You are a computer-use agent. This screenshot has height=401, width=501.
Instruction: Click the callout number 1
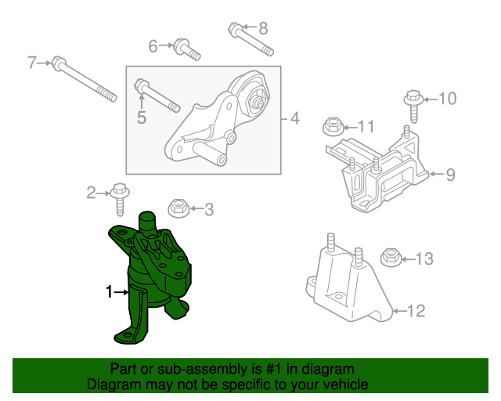tap(109, 291)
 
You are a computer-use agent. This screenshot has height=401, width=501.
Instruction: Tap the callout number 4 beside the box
tap(295, 118)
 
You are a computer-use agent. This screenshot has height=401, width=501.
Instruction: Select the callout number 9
tap(450, 175)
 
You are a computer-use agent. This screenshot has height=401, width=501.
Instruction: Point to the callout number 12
tap(416, 311)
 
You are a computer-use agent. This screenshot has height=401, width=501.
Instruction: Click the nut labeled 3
tap(178, 208)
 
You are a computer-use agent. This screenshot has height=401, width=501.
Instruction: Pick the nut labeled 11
tap(333, 128)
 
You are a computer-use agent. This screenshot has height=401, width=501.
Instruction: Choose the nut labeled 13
tap(391, 258)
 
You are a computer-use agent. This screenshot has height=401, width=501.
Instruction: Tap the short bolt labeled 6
tap(186, 49)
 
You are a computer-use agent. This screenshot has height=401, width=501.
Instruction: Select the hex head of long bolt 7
tap(58, 63)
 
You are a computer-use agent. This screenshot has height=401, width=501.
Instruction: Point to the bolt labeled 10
tap(413, 106)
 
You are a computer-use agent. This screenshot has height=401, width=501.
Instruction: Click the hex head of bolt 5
tap(141, 85)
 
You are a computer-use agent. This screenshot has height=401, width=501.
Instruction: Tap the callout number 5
tap(142, 117)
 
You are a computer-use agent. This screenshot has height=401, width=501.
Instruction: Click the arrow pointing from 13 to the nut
tap(409, 259)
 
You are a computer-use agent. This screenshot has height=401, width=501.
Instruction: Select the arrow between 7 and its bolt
tap(44, 63)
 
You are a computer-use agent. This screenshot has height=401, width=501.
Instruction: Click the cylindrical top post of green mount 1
tap(146, 222)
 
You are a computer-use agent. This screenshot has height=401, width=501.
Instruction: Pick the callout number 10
tap(448, 99)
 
